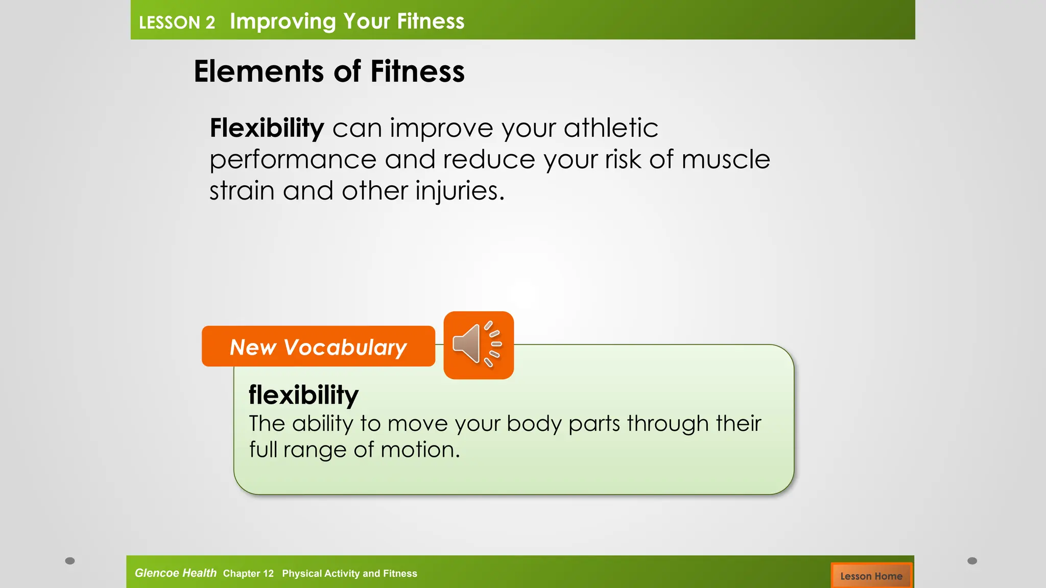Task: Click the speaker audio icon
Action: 478,345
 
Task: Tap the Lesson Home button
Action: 871,576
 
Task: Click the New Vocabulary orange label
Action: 318,347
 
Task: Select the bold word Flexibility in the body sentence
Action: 267,128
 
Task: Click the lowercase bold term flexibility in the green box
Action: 303,395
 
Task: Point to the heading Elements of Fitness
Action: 329,71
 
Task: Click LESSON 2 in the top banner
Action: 177,22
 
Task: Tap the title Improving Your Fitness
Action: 347,21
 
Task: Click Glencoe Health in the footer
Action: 175,573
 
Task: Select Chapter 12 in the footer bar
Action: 248,573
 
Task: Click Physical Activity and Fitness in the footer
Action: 349,573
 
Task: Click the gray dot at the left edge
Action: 70,561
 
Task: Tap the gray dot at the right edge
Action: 972,561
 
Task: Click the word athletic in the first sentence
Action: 611,128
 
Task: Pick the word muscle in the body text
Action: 725,159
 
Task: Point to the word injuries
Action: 459,191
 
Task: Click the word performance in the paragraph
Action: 293,160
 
